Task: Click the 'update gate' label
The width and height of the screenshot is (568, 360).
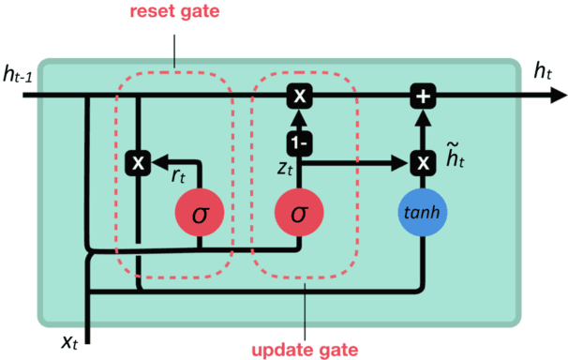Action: [x=305, y=350]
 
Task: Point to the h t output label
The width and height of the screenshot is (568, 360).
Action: [x=543, y=69]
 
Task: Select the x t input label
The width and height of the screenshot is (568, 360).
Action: [x=69, y=342]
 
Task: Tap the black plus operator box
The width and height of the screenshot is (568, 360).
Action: [x=424, y=95]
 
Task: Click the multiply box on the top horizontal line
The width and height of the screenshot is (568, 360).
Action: [x=299, y=95]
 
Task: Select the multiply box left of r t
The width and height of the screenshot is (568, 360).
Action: [x=138, y=163]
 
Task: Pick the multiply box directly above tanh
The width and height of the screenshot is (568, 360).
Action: [x=424, y=163]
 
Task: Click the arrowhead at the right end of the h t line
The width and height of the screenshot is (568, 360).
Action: [x=559, y=95]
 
